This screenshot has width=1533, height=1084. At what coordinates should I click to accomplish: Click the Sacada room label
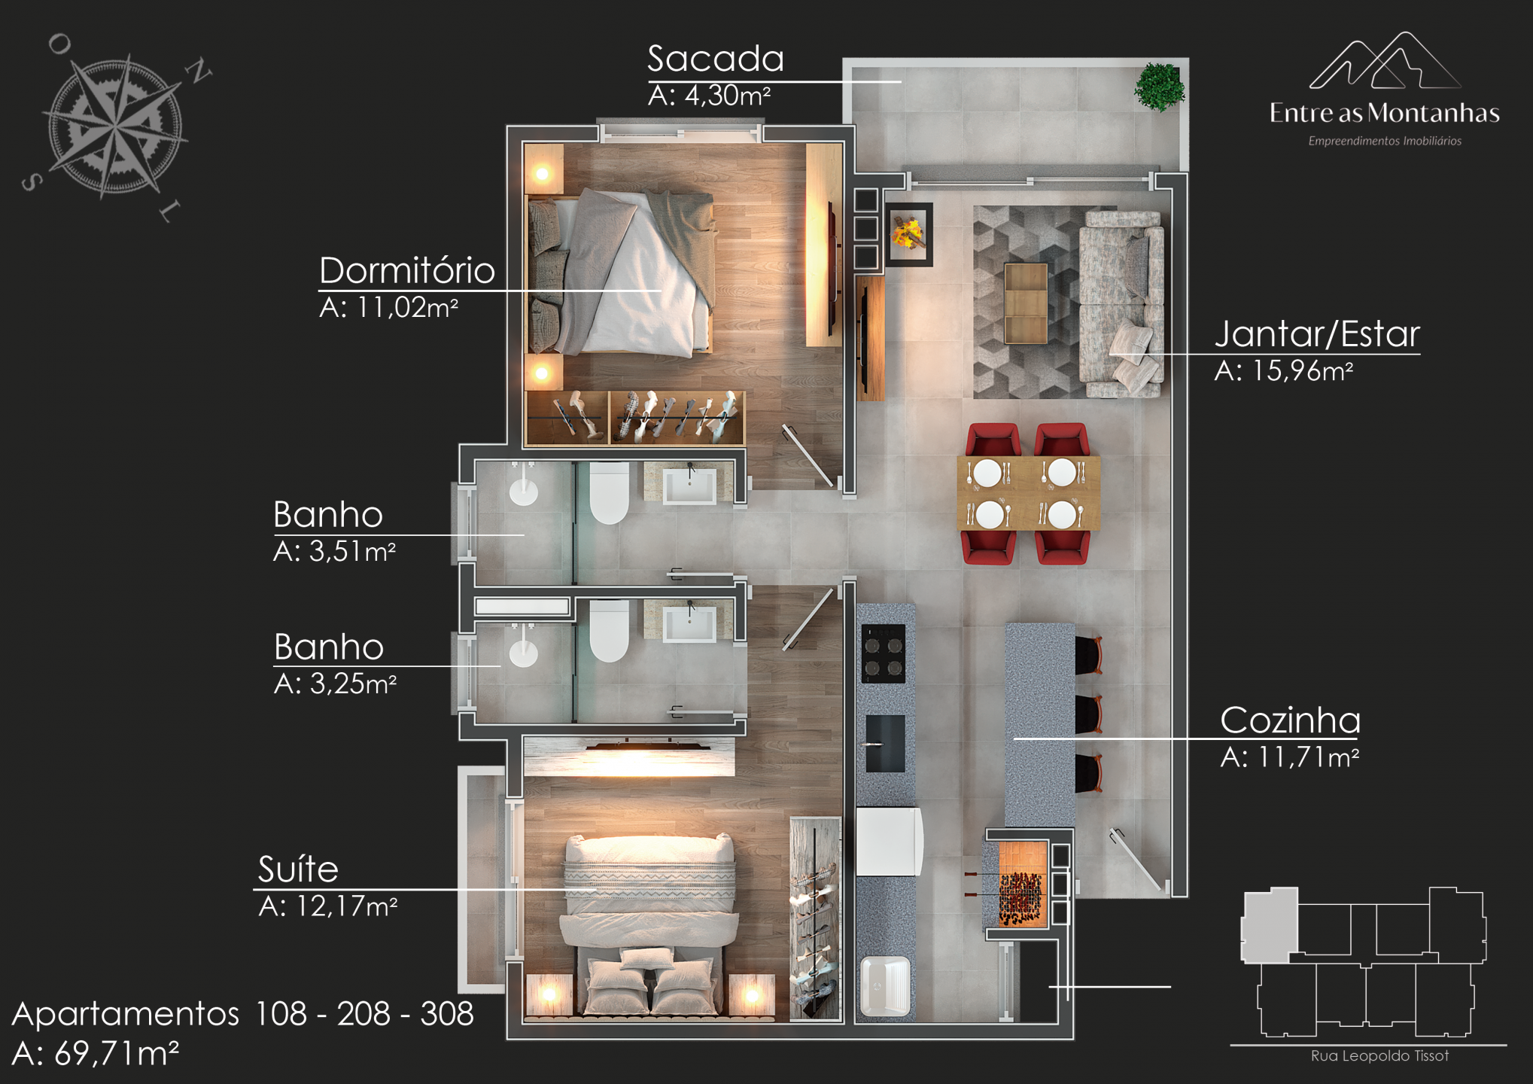(716, 59)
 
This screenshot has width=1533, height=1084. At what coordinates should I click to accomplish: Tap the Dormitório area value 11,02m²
(407, 308)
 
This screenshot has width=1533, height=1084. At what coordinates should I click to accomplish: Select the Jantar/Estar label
(1317, 334)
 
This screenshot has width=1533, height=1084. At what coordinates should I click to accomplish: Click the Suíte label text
(298, 869)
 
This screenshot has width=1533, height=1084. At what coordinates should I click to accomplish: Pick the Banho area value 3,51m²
(352, 552)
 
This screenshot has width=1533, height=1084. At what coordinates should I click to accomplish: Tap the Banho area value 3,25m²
(353, 684)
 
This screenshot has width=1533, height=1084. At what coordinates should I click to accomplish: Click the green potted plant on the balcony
(1159, 87)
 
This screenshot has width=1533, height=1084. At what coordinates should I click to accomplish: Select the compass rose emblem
(115, 126)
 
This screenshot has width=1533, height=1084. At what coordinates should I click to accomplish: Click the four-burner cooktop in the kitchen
(884, 653)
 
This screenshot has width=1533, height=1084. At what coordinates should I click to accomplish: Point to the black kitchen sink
(885, 744)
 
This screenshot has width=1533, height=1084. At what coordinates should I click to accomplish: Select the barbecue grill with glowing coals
(1022, 882)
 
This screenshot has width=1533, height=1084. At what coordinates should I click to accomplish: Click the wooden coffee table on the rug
(1026, 303)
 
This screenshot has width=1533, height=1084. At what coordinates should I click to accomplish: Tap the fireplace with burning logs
(908, 233)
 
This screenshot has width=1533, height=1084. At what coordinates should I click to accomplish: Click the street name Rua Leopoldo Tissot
(1379, 1056)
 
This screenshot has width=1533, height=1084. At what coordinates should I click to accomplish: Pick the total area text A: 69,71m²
(96, 1054)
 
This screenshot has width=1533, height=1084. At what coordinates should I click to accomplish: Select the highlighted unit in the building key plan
(1270, 926)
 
